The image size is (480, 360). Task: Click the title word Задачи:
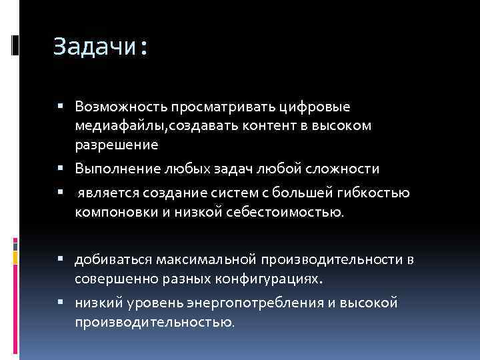(x=101, y=47)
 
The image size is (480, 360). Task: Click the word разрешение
(x=117, y=144)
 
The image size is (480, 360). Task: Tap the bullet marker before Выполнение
(x=61, y=169)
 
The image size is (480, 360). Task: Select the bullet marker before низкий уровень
(x=61, y=303)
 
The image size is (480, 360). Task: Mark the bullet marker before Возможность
(x=61, y=106)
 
